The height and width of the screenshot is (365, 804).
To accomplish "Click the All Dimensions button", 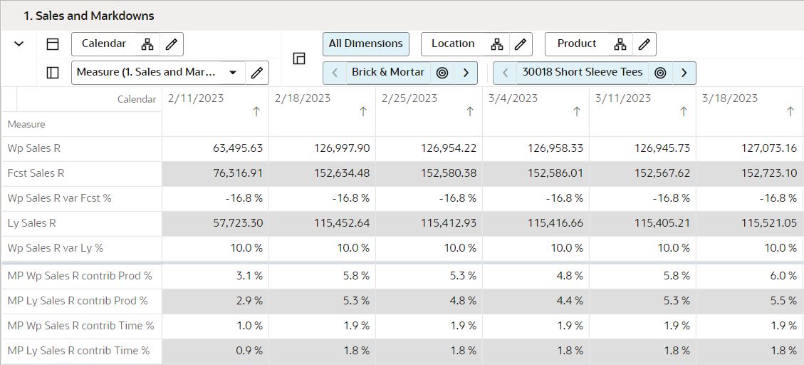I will [365, 43].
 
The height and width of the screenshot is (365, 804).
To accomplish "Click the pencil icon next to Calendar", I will [171, 44].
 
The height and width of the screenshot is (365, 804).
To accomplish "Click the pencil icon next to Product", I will [644, 44].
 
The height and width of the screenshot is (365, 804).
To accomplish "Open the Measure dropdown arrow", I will [233, 73].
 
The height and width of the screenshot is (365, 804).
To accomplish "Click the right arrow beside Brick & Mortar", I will [466, 73].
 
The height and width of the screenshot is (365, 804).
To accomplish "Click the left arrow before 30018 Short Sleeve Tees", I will [505, 73].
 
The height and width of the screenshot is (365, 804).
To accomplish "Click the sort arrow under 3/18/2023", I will [790, 112].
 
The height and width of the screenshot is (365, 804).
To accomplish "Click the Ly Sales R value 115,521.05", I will [768, 223].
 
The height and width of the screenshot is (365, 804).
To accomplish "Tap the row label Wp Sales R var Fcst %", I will [59, 198].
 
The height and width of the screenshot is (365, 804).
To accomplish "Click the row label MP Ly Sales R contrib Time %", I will [78, 351].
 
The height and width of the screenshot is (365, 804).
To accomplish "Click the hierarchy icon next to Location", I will [497, 44].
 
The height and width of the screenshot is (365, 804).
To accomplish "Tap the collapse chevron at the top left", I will [19, 44].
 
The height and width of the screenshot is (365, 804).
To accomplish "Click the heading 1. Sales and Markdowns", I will [89, 16].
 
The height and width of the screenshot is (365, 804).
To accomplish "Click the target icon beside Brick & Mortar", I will [442, 73].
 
